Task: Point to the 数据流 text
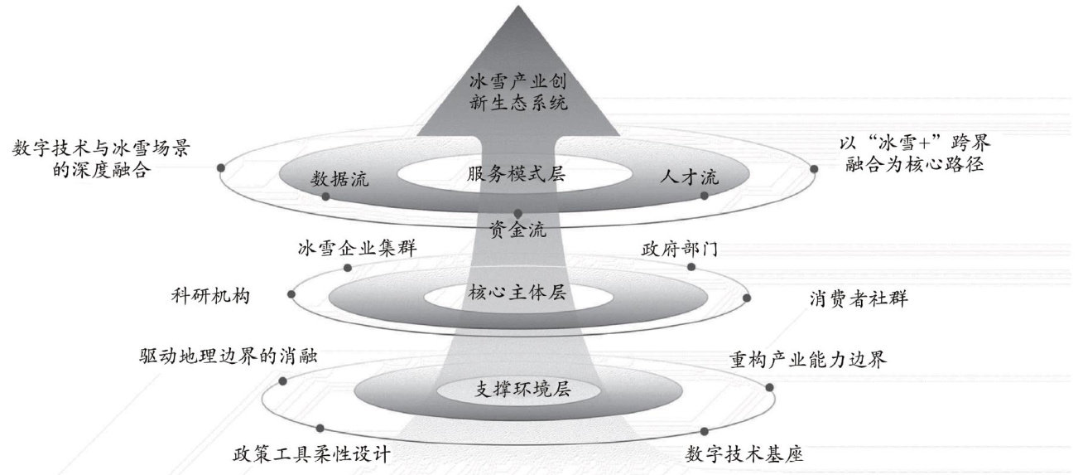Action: pos(340,179)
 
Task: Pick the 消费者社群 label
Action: pos(859,298)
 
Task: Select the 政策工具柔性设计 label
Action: pos(311,455)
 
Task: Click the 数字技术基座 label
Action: pos(745,454)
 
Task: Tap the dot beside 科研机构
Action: pos(291,294)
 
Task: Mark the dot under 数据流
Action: pos(325,197)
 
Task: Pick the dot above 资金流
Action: pos(517,213)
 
